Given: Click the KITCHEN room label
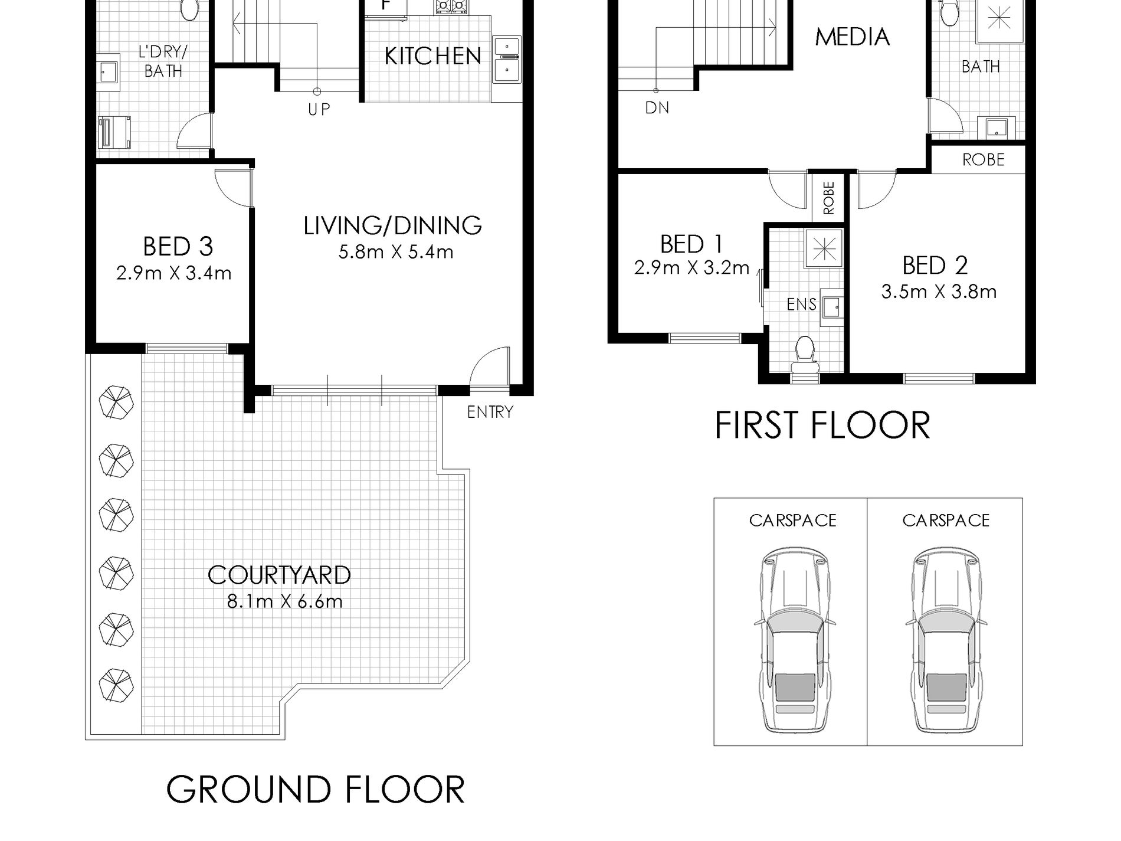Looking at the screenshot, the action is tap(432, 56).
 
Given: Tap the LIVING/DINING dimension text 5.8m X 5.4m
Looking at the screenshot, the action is tap(395, 252).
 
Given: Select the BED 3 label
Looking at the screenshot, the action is tap(178, 247).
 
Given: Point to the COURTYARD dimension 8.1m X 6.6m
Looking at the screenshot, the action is tap(284, 601).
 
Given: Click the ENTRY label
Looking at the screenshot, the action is tap(490, 412).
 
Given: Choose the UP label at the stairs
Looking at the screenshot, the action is tap(319, 109).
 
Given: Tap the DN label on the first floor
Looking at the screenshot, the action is tap(657, 108).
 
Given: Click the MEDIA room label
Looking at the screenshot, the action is tap(852, 37).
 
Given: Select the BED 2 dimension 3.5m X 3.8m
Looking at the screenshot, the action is tap(939, 292).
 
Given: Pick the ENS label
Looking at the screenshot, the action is tap(801, 305).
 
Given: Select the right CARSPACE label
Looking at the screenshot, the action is tap(946, 521).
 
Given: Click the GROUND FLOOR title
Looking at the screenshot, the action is tap(316, 790).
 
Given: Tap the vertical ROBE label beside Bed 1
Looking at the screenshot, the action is tap(829, 198).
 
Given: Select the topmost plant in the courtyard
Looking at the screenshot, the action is tap(116, 403).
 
